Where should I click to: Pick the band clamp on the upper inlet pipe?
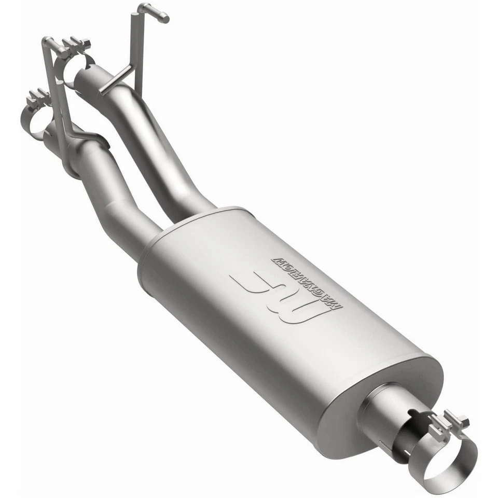(78, 65)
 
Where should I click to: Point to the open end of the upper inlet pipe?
(83, 78)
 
